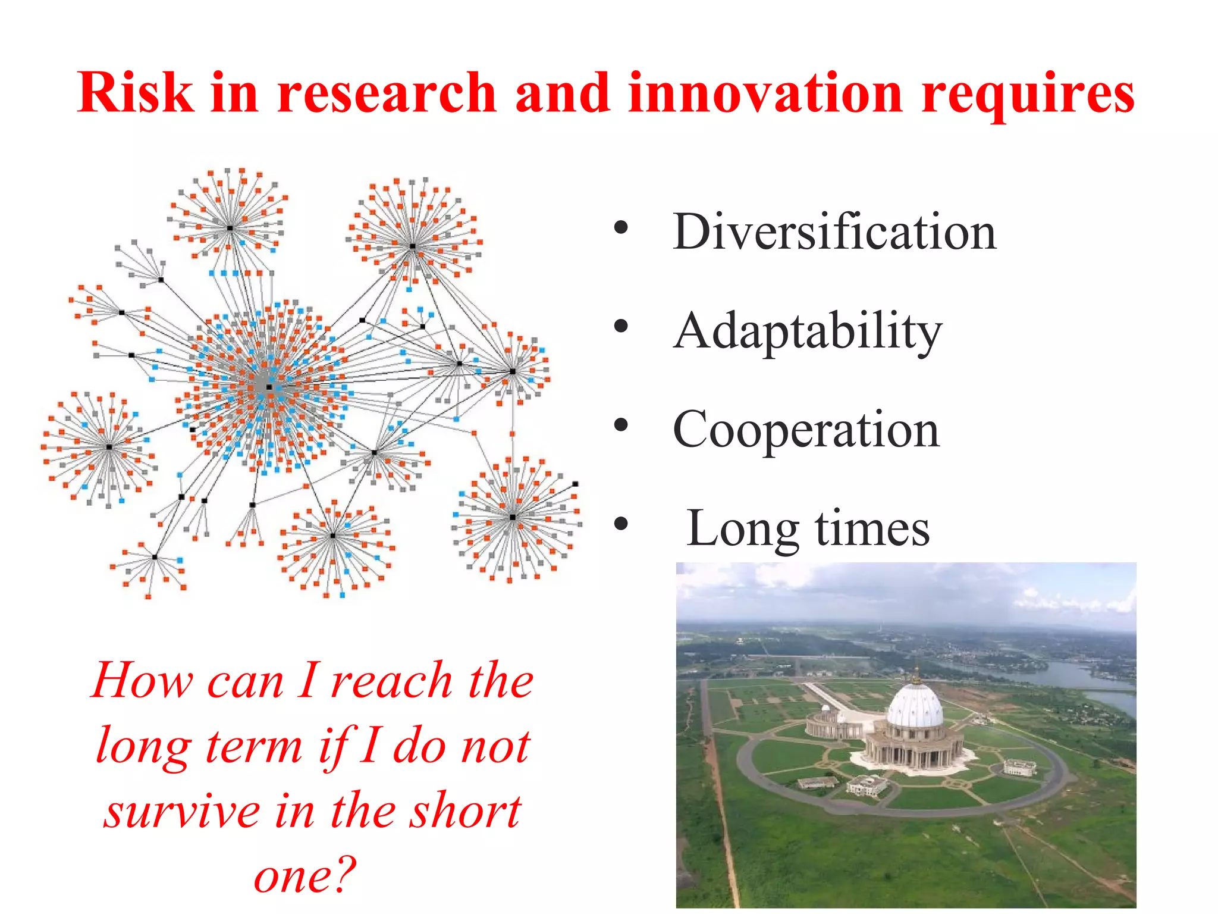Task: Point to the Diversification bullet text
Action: (x=834, y=232)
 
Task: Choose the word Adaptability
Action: (x=807, y=332)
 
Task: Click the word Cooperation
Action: (x=806, y=430)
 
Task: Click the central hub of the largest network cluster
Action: (x=269, y=387)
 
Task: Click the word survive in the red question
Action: (x=182, y=812)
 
